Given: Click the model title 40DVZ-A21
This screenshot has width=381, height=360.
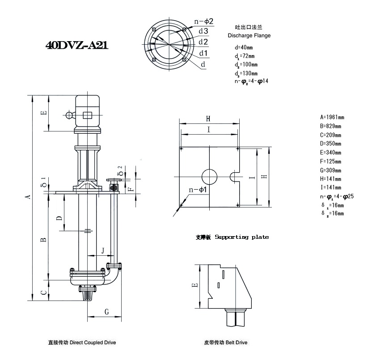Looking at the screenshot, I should (76, 46).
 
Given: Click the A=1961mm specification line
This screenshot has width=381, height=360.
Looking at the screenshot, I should (332, 118).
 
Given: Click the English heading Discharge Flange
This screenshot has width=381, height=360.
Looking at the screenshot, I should (249, 35).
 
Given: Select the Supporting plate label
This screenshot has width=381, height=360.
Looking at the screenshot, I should (241, 237).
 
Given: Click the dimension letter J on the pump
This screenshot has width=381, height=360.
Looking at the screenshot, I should (103, 250).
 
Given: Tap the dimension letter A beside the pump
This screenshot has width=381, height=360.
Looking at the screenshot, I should (28, 197).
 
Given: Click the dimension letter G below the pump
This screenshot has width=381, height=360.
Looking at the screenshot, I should (106, 312).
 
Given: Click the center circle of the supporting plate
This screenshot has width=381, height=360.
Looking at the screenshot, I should (209, 177).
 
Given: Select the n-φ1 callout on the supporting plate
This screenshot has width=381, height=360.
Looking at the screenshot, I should (197, 190).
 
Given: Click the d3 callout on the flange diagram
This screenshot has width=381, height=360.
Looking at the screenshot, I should (203, 31).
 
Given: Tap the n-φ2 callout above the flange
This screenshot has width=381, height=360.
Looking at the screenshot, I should (204, 21).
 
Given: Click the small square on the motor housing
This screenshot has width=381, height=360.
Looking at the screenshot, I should (88, 115).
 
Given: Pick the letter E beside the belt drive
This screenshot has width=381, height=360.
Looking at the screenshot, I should (194, 285).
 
